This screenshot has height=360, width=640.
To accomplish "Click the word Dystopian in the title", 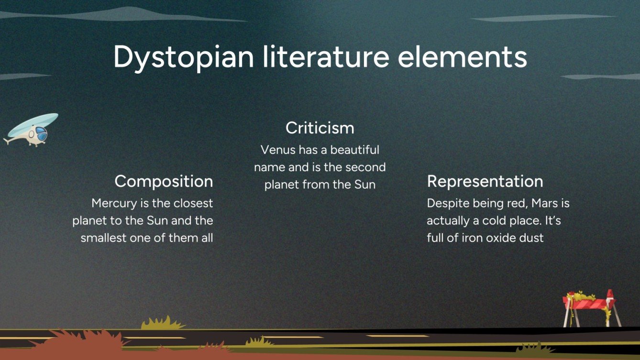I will tap(183, 57).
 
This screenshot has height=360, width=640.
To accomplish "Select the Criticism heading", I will tap(320, 128).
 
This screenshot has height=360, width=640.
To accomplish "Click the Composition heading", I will tap(164, 181).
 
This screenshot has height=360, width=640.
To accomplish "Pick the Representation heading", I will tap(485, 181).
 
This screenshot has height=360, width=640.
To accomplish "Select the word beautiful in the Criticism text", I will tap(354, 150).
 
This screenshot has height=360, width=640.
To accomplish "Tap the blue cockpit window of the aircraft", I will tap(42, 134).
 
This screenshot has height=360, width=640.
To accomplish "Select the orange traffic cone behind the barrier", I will tap(610, 299).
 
